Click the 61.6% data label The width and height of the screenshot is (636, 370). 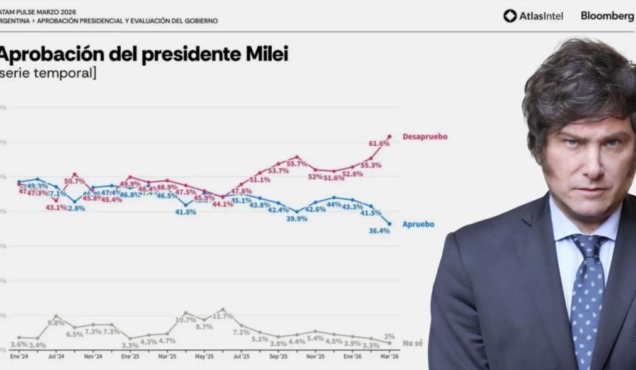point(379,144)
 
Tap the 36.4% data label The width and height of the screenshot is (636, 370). point(379,231)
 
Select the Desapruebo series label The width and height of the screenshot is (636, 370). point(424,137)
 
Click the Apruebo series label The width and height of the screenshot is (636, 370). point(418,224)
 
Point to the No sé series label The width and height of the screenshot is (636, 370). point(413,343)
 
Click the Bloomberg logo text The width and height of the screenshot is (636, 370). point(607,16)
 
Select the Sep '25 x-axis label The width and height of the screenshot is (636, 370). point(278,356)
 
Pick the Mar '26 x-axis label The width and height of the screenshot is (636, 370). point(389,356)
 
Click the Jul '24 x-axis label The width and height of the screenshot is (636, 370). point(56,356)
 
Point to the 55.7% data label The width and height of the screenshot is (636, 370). point(298,165)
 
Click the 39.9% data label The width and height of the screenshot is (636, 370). point(296,218)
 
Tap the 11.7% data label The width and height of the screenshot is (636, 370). point(223,317)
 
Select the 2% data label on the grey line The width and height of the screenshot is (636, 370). point(389,336)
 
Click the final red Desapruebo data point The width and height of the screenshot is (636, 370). point(390,136)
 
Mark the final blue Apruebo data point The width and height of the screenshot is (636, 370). point(390,224)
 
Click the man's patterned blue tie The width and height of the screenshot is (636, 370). point(587,296)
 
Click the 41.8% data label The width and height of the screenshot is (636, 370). point(186,212)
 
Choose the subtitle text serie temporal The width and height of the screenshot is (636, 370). point(49,73)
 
